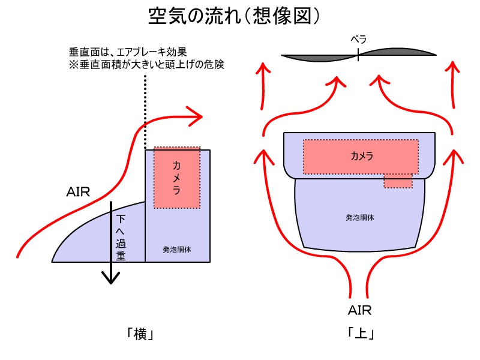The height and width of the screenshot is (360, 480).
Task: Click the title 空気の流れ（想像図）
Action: [240, 16]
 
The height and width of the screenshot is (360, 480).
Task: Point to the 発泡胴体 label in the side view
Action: [177, 248]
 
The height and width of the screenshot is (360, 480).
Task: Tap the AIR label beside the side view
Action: [78, 193]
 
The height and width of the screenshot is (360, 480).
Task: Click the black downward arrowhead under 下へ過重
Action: [111, 277]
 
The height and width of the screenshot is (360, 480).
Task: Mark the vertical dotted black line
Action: [145, 114]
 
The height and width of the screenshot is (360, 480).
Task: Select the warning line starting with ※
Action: [146, 64]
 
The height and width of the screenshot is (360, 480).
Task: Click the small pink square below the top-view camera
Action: [398, 181]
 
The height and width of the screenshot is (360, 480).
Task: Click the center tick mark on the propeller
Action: [358, 55]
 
